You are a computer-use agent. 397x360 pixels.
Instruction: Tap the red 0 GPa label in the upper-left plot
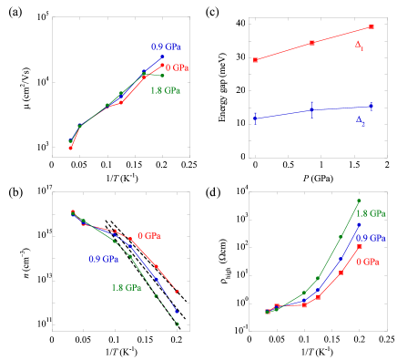[x=177, y=67]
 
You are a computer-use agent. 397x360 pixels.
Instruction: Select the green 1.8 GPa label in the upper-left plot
[x=166, y=90]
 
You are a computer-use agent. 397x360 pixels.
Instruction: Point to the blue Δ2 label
[x=361, y=121]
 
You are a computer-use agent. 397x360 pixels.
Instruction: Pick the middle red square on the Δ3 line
[x=312, y=43]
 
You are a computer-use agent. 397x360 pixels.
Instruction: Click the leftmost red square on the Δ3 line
[x=256, y=60]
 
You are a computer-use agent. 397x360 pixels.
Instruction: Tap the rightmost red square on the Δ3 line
[x=372, y=27]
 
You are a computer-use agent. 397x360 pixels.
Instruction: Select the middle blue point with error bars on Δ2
[x=312, y=109]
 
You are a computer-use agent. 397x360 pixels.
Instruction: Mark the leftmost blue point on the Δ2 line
[x=256, y=117]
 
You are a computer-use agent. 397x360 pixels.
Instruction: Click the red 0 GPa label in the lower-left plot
[x=144, y=235]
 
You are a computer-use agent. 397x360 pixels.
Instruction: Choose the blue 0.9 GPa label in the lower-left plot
[x=103, y=258]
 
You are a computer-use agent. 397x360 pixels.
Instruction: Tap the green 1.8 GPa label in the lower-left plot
[x=126, y=288]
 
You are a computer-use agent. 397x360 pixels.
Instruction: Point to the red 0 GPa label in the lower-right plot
[x=368, y=262]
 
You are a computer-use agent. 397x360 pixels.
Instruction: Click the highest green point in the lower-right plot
[x=359, y=201]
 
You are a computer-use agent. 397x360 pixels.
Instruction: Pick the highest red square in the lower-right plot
[x=360, y=246]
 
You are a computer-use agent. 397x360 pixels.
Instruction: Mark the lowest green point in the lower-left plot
[x=177, y=324]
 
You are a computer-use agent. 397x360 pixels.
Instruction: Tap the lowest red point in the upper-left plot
[x=70, y=148]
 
